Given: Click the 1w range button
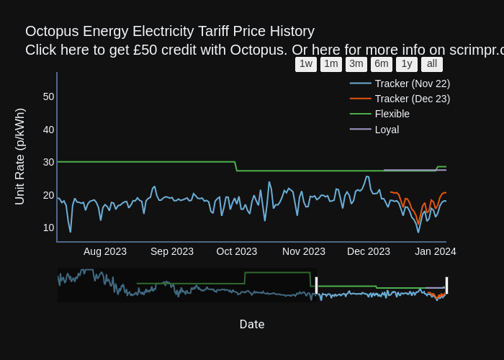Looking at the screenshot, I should point(306,64).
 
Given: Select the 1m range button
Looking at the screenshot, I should point(331,64).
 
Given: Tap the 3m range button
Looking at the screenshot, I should point(356,64).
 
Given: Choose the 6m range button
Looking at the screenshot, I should point(382,64).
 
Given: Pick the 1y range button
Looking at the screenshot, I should point(407,64).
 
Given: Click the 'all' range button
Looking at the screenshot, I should point(432,64).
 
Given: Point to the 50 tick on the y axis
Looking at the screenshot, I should point(48,96).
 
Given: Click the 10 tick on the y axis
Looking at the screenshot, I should point(48,228).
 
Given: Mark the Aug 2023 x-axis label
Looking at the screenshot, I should point(105,251).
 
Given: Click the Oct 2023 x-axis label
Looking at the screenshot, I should point(237,251).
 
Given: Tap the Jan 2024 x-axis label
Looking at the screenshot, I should point(435,251).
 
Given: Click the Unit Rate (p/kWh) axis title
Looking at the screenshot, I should point(20,156).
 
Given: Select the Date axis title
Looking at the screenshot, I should point(252,325).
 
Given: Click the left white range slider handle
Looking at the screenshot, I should point(316,285).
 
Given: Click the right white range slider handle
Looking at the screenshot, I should point(446,285).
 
